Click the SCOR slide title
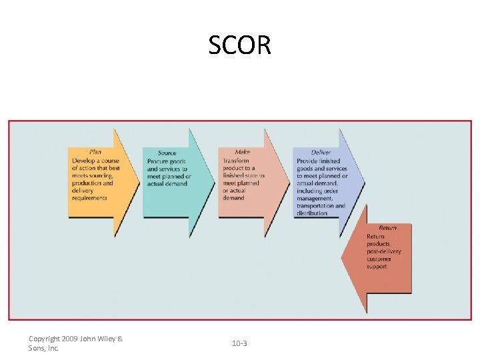tap(239, 45)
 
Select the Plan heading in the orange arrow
tap(95, 153)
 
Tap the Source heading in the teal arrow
tap(167, 153)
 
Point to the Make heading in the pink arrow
tap(242, 153)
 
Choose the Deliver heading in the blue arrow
tap(321, 153)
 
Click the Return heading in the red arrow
tap(387, 228)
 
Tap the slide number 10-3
tap(239, 343)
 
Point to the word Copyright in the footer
tap(44, 339)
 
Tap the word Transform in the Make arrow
tap(236, 161)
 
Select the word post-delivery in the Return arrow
tap(384, 251)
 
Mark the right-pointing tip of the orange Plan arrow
tap(139, 180)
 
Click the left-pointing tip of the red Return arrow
tap(343, 258)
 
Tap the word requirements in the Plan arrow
tap(89, 198)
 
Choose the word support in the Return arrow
tap(377, 267)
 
